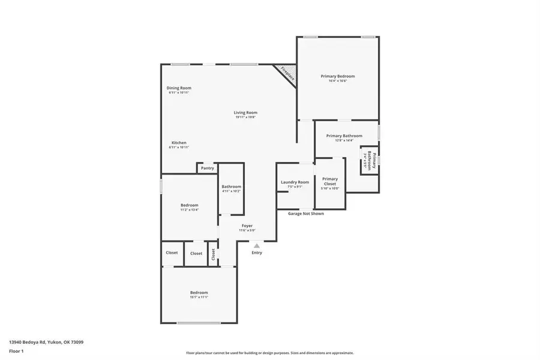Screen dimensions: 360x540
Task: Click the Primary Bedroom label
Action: pos(338,76)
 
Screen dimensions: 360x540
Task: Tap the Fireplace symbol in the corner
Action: pos(287,74)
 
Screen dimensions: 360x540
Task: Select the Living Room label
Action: pos(245,113)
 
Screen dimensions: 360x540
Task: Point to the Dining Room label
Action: pos(179,88)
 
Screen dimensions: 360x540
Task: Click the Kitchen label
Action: pos(179,143)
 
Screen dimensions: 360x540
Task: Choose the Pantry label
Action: pos(208,168)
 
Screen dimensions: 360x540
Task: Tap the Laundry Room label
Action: pos(295,182)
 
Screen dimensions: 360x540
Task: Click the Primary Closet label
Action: pos(330,181)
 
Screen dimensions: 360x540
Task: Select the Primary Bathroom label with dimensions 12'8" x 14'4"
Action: pos(344,136)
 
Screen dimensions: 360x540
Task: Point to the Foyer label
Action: pos(247,226)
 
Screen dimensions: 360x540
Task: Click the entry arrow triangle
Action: pos(257,245)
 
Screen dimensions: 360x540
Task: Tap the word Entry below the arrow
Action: pos(257,253)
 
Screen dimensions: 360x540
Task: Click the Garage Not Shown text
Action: pos(306,214)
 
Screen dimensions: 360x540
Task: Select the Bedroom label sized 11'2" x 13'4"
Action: pos(190,205)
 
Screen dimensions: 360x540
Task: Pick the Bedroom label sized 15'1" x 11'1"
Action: pos(199,293)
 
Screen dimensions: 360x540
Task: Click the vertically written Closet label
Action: pos(212,254)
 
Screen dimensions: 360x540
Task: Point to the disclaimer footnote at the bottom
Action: pos(270,353)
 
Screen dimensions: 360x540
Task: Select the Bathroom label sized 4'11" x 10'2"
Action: pos(232,187)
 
